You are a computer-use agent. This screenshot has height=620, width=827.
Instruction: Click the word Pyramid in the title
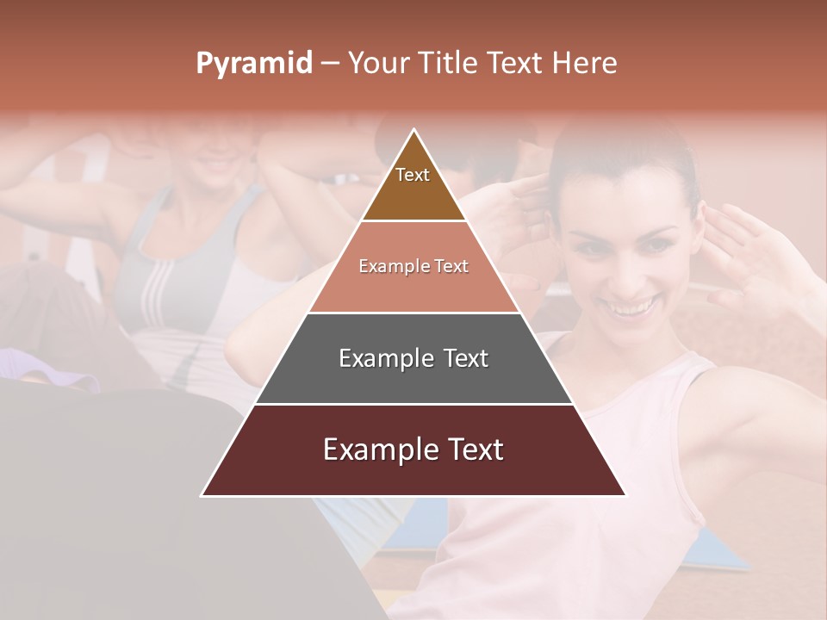tap(254, 64)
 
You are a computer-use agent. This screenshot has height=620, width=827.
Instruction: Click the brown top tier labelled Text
tap(413, 185)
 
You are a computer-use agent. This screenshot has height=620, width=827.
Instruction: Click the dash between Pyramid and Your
tap(330, 64)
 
